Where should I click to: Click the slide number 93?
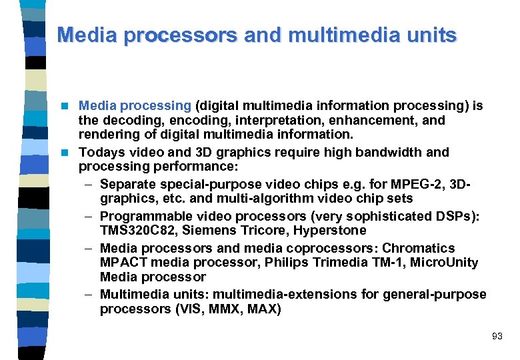tap(497, 337)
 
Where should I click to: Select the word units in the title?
tap(431, 35)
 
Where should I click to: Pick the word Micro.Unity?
tap(445, 263)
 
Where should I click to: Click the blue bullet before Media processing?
tap(65, 106)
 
